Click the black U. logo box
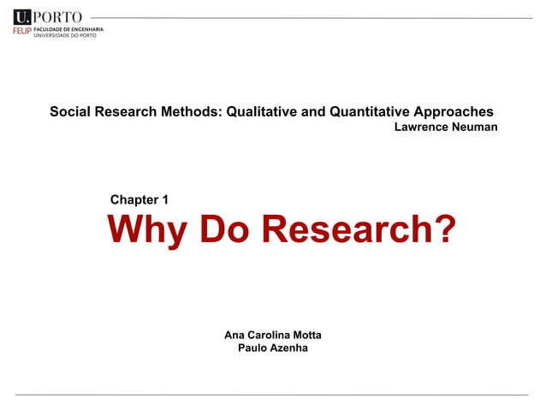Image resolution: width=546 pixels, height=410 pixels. (22, 16)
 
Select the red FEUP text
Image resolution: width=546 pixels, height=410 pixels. (21, 31)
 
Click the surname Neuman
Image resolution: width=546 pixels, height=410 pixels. (477, 128)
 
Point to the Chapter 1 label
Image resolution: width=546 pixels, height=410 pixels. (139, 200)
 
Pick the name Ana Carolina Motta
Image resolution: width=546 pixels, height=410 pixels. (272, 334)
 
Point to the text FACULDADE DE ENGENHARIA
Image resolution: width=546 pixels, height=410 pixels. (68, 29)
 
